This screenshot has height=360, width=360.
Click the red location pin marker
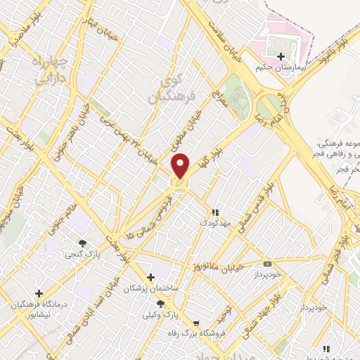pyautogui.click(x=180, y=166)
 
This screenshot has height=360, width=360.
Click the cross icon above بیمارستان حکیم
pyautogui.click(x=282, y=56)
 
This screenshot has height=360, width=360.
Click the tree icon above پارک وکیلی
pyautogui.click(x=161, y=304)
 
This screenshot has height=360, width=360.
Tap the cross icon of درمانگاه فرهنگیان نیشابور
pyautogui.click(x=39, y=293)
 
